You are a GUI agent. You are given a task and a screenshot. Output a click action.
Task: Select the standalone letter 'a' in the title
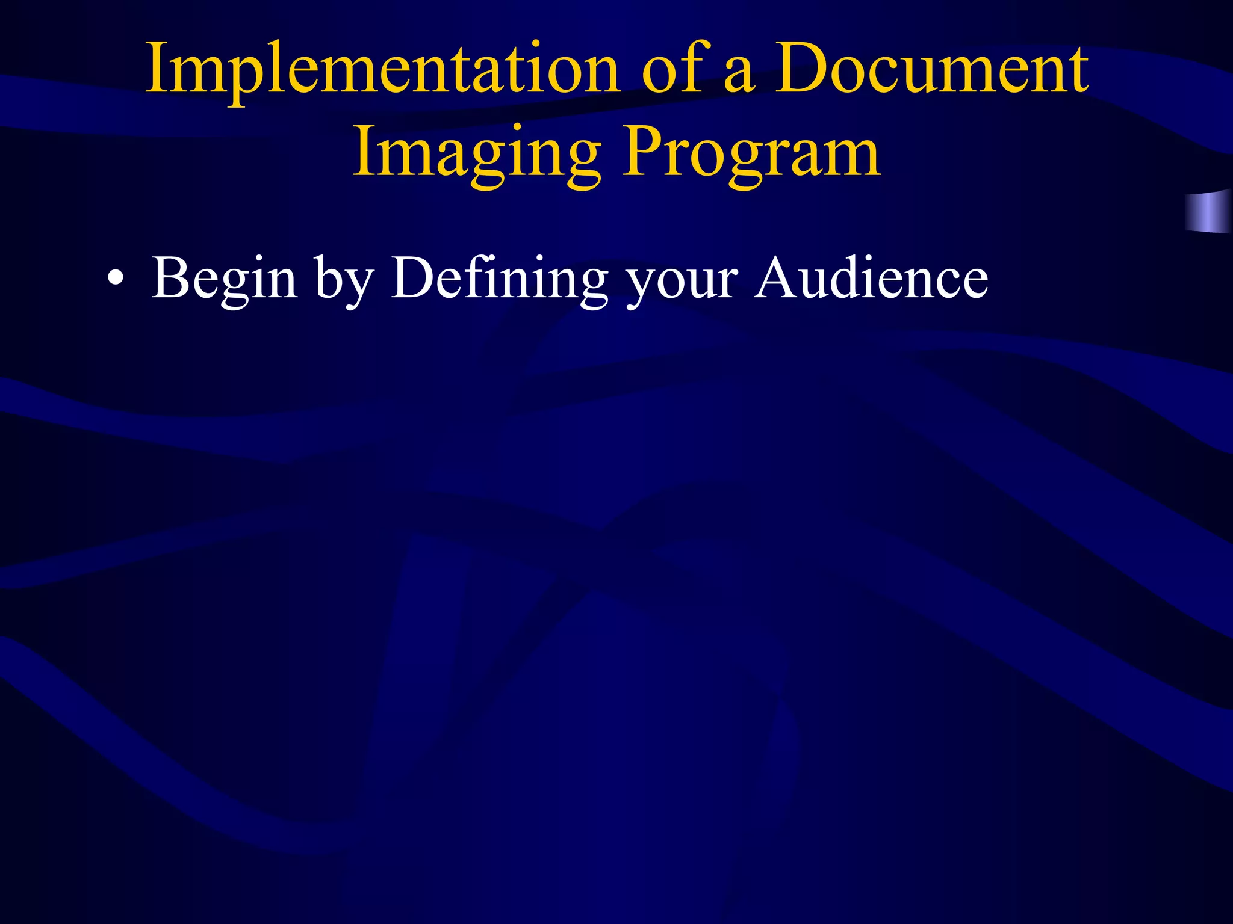739,76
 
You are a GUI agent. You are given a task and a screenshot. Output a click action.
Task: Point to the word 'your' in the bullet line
681,283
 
